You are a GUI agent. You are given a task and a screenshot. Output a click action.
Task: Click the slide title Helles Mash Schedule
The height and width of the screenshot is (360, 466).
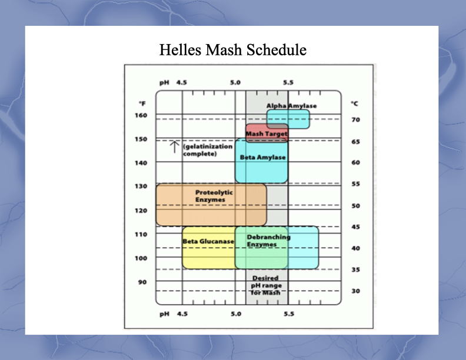point(232,49)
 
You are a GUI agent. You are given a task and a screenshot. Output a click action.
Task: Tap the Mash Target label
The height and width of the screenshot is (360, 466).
point(267,134)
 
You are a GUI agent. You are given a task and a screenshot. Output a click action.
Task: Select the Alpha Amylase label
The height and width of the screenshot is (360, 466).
point(292,106)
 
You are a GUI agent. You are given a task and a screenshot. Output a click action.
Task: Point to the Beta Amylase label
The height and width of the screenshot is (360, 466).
point(263,157)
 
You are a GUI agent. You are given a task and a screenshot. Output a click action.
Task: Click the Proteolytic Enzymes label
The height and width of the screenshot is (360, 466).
point(214,196)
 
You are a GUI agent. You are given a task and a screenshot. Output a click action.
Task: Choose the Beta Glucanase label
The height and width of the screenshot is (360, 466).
point(208,241)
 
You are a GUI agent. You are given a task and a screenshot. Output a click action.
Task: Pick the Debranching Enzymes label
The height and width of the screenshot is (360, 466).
point(269,241)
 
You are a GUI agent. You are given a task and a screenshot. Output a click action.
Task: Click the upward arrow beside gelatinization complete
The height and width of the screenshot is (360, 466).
point(174,147)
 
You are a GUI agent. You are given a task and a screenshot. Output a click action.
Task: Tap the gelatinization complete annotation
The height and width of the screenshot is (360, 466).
point(208,150)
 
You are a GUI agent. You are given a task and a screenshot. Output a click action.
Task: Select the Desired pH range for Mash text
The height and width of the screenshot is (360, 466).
point(266,285)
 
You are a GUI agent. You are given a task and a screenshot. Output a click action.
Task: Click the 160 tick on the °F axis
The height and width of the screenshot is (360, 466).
point(141,115)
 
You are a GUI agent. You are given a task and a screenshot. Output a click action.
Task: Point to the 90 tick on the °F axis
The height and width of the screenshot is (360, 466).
point(142,282)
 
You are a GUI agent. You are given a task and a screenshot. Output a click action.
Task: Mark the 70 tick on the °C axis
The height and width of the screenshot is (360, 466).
point(356,119)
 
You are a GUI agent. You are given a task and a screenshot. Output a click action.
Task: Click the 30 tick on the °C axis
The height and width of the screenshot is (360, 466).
point(356,291)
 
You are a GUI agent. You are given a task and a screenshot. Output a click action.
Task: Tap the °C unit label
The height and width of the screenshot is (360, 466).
point(355,104)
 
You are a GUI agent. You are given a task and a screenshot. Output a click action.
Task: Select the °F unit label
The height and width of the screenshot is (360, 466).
point(142,104)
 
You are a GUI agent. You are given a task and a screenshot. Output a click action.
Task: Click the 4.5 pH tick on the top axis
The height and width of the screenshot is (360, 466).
point(182,82)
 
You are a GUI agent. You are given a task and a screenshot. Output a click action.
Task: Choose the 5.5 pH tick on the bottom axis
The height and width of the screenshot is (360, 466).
point(289,314)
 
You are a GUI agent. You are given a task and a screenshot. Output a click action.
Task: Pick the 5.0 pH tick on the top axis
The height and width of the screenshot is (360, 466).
point(235,82)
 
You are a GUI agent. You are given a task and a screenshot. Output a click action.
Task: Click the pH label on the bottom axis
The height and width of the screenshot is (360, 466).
point(164,314)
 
